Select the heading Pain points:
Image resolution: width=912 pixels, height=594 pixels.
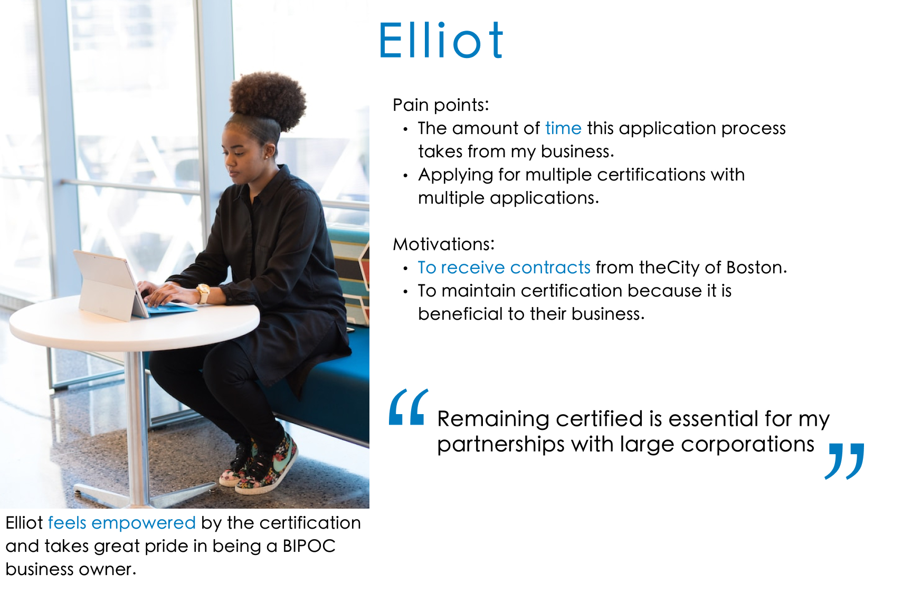pyautogui.click(x=441, y=105)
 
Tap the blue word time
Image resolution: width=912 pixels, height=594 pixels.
pyautogui.click(x=563, y=128)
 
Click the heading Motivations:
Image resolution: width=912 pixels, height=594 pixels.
pyautogui.click(x=444, y=244)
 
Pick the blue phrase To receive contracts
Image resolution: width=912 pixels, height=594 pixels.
pyautogui.click(x=504, y=267)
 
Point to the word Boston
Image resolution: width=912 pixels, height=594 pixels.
pyautogui.click(x=756, y=267)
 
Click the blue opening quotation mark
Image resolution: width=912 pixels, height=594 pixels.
pyautogui.click(x=408, y=407)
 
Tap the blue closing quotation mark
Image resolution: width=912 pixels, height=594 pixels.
pyautogui.click(x=844, y=461)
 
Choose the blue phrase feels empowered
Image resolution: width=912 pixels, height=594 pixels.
pyautogui.click(x=122, y=523)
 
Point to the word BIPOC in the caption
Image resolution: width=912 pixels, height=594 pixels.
pyautogui.click(x=309, y=546)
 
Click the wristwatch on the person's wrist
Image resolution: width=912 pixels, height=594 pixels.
pyautogui.click(x=203, y=293)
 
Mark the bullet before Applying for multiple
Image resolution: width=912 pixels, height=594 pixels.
pyautogui.click(x=405, y=176)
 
